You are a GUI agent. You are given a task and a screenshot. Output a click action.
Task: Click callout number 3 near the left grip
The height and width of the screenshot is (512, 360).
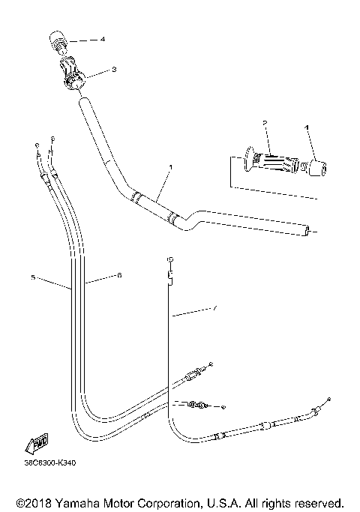click(x=113, y=69)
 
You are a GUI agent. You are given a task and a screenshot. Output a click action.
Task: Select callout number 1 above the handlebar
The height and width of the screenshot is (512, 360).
click(x=170, y=166)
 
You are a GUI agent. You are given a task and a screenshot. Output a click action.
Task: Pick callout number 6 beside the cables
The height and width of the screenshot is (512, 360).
click(x=119, y=275)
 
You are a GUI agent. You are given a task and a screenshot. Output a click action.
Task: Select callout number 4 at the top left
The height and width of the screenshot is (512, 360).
click(x=103, y=38)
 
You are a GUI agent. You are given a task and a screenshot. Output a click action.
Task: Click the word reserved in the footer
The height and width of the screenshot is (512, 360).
click(x=317, y=501)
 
